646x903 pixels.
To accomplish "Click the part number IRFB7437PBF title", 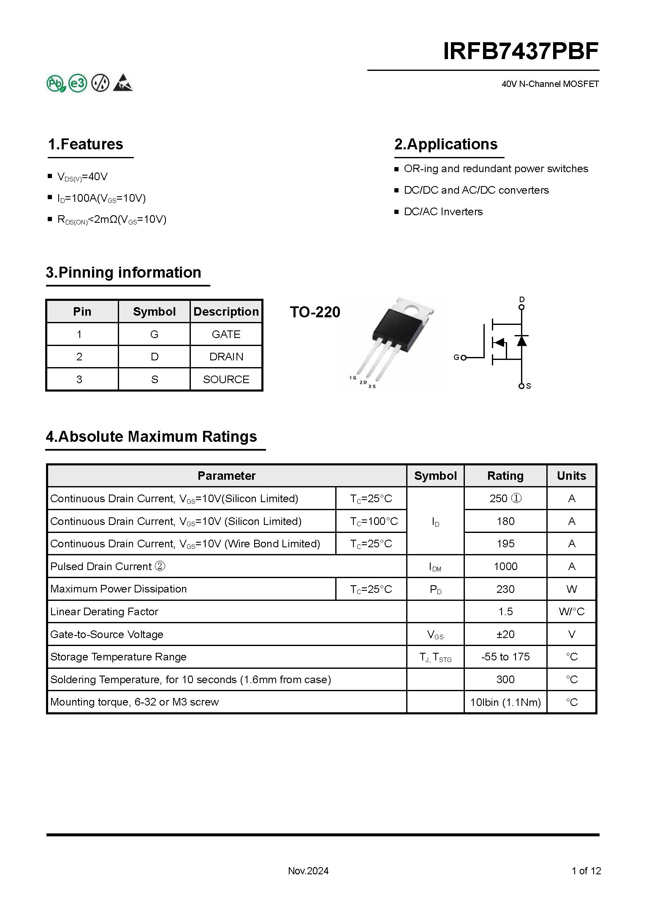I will click(521, 51).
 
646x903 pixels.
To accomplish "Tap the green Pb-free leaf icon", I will click(56, 83).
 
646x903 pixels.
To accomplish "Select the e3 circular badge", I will click(78, 83).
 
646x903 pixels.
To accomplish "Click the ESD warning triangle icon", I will click(123, 83).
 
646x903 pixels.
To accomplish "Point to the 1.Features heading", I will click(85, 144).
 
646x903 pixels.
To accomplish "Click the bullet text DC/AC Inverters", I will click(443, 211).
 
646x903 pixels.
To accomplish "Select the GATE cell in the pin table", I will click(226, 334).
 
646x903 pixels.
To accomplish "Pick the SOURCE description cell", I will click(226, 379).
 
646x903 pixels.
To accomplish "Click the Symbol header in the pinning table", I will click(154, 311).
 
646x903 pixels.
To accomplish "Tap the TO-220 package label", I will click(315, 312).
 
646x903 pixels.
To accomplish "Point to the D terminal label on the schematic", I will click(522, 300).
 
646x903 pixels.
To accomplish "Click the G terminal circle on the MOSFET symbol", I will click(464, 358).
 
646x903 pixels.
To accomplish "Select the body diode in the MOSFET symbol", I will click(522, 340).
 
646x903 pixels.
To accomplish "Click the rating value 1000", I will click(505, 566).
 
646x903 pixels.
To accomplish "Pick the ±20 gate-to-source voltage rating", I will click(505, 634).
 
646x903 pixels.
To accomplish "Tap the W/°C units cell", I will click(571, 611).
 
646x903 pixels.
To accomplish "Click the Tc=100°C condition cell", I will click(374, 521).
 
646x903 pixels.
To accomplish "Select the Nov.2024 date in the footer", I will click(308, 871).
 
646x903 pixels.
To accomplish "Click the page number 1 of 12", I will click(586, 871).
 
